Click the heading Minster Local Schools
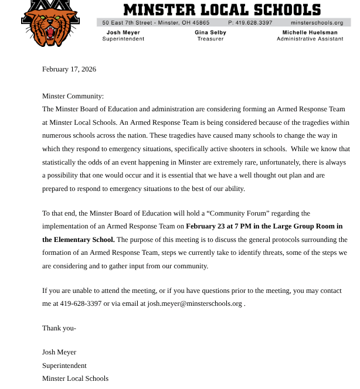click(222, 9)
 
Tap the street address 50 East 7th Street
click(135, 23)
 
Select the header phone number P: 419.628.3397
click(250, 23)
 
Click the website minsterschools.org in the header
click(317, 23)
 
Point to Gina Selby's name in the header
click(210, 33)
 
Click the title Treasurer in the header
click(210, 39)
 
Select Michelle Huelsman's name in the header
click(310, 33)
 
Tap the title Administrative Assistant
click(310, 39)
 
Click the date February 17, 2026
click(69, 69)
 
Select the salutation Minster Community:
click(73, 96)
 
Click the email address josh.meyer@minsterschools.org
click(195, 303)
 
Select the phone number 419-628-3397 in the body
click(80, 303)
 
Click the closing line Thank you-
click(59, 328)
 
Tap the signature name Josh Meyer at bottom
click(59, 352)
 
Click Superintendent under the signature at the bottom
click(64, 366)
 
